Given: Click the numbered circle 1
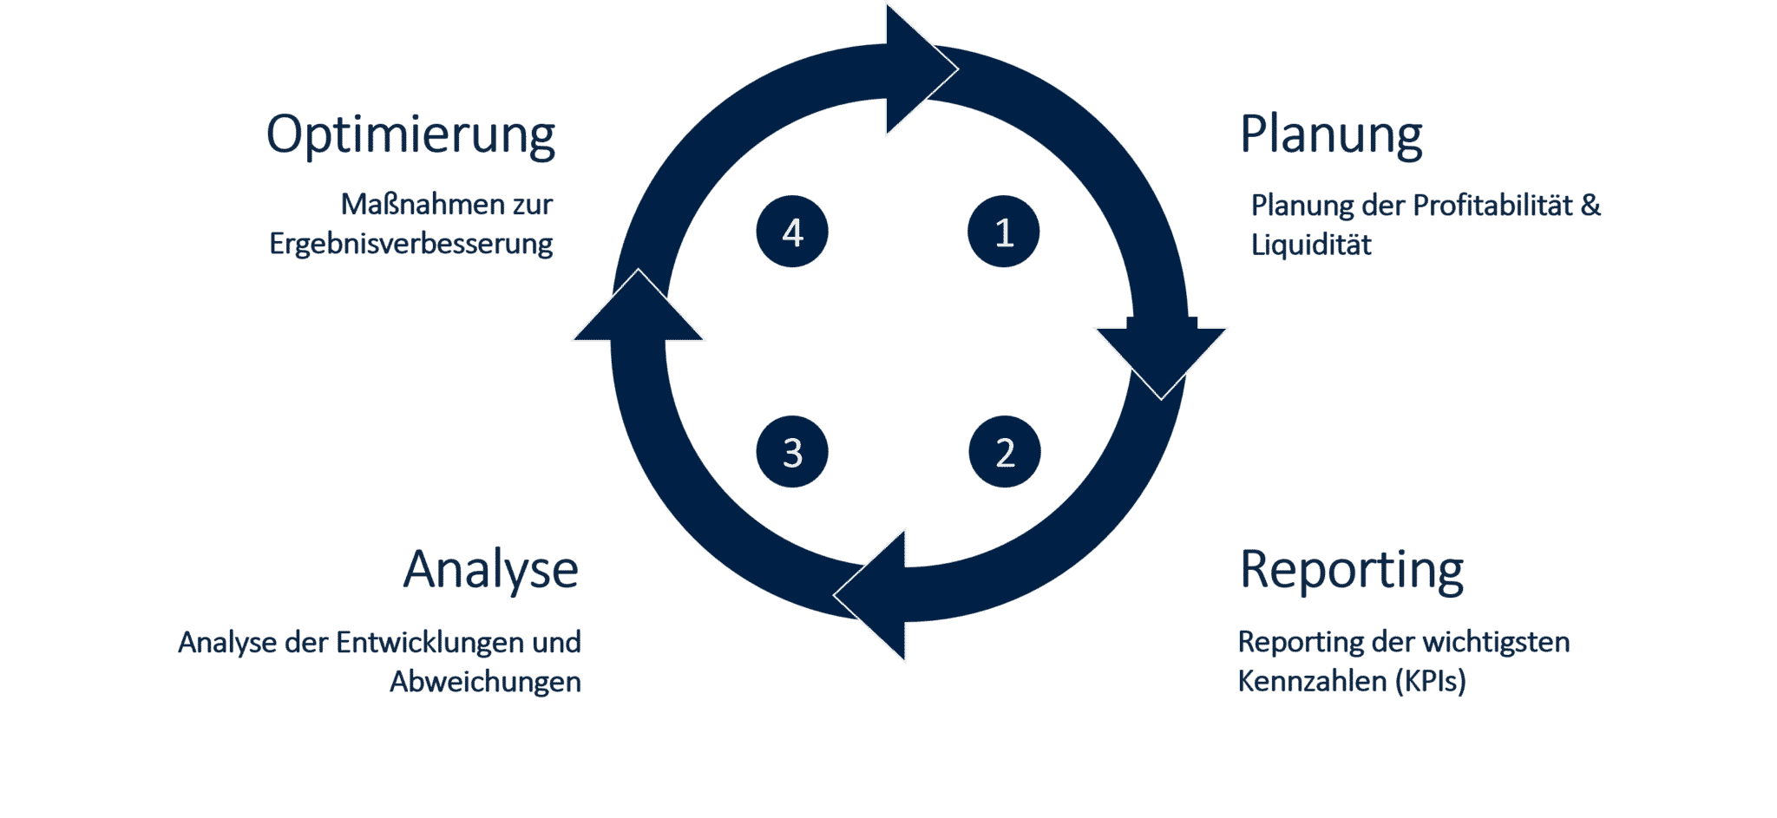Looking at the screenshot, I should coord(1004,232).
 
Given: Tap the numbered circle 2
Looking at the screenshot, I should coord(1004,452).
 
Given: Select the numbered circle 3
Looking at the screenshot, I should coord(792,452).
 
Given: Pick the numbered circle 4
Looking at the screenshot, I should coord(792,232).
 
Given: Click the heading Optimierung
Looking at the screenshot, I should coord(410,135).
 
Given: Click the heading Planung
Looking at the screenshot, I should coord(1331,135).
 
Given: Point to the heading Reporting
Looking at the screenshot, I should coord(1351,570).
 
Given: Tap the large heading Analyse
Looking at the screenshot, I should coord(491,570).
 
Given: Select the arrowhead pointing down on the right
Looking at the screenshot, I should coord(1161,356).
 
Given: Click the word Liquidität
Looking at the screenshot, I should coord(1311,245).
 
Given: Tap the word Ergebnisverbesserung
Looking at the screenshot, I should coord(410,245).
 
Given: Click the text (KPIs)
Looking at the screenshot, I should coord(1430,681).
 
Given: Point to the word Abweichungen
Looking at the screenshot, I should coord(485,682).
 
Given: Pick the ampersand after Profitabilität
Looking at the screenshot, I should coord(1590,206).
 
